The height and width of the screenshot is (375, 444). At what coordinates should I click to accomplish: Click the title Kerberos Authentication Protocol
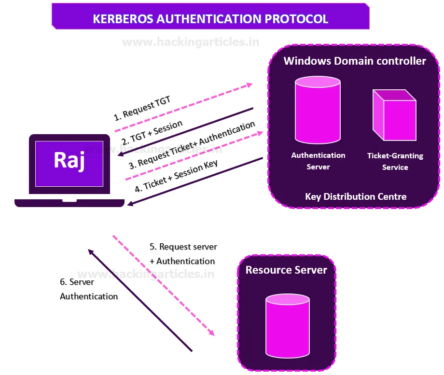[210, 19]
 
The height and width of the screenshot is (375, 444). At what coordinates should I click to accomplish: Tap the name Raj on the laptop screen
[69, 161]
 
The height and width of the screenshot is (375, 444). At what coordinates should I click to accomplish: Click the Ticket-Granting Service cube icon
[394, 115]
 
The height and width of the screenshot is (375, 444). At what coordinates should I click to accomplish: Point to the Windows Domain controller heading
[355, 61]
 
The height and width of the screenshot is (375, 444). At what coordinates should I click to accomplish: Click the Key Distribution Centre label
[356, 196]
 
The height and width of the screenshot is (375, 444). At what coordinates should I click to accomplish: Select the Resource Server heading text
[286, 270]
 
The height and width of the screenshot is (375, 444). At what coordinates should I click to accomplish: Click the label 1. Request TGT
[142, 108]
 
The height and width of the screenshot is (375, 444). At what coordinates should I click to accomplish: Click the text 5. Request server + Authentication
[183, 254]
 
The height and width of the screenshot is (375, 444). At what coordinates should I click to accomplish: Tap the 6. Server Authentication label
[89, 289]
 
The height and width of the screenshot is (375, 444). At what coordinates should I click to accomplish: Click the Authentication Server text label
[318, 161]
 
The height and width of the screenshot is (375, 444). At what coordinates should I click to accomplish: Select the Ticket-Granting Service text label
[395, 162]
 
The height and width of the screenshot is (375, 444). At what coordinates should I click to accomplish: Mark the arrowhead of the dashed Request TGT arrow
[249, 85]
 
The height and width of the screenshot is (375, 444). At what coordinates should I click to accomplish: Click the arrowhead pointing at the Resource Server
[211, 333]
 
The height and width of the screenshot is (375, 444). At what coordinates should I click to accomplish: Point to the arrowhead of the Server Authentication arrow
[90, 251]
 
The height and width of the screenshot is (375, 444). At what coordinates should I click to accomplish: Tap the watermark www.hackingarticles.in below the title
[191, 42]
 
